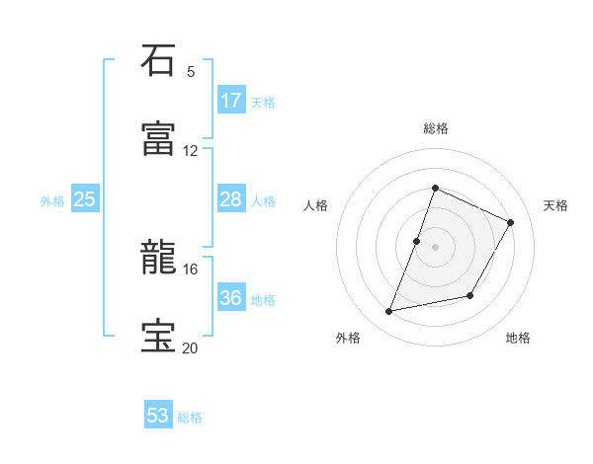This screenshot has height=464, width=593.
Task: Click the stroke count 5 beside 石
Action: point(191,71)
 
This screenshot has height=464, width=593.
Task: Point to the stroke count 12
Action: point(191,150)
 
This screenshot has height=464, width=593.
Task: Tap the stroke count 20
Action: point(191,348)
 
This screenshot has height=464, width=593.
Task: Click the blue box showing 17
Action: point(231,101)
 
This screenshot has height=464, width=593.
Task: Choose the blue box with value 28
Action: point(231,200)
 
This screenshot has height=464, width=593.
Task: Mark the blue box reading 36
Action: point(231,299)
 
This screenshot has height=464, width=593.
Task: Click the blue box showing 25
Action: point(85,200)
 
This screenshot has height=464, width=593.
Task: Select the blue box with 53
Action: point(158,416)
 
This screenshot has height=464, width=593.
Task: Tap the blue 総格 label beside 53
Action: point(190,418)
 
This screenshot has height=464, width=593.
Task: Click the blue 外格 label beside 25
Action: point(52,201)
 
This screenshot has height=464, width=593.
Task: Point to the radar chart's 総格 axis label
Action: point(436,128)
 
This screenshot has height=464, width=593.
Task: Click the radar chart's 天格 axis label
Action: point(556,205)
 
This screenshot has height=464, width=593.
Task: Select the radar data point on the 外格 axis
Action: point(389,312)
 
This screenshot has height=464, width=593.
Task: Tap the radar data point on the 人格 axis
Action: point(417,241)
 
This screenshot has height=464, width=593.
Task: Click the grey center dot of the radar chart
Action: point(436,247)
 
